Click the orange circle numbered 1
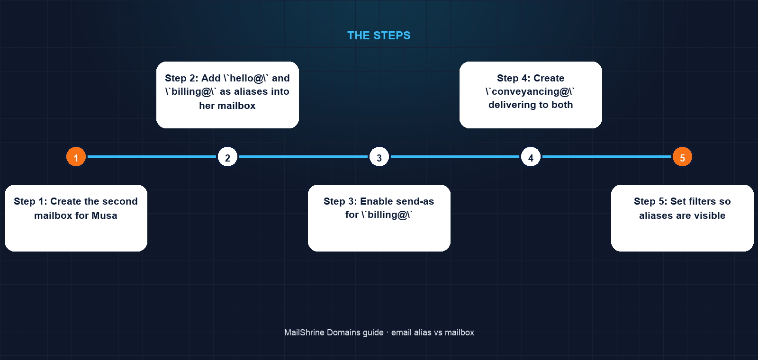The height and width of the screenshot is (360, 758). (x=76, y=157)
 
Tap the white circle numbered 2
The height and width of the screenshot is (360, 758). (x=227, y=157)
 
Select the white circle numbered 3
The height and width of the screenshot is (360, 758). (x=379, y=157)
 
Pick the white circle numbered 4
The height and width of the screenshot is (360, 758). (x=531, y=157)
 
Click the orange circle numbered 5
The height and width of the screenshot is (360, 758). (x=682, y=157)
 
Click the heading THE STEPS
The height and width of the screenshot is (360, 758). (x=379, y=36)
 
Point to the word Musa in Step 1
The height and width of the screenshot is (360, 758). (x=104, y=216)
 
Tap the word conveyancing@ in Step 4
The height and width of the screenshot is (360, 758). (x=530, y=92)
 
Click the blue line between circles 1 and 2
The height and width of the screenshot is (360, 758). (x=152, y=157)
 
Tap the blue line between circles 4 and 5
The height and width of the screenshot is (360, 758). (x=606, y=157)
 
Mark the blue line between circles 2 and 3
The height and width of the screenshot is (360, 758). (x=303, y=157)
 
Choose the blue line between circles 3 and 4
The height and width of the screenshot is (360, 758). (x=455, y=157)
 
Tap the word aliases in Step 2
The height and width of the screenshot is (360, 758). (x=251, y=92)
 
